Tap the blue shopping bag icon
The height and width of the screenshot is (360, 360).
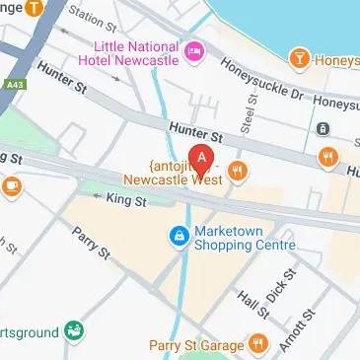[179, 236]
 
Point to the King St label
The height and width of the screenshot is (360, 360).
[126, 200]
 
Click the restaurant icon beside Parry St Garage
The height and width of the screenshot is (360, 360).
[257, 343]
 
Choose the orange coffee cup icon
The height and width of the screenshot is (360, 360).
[12, 183]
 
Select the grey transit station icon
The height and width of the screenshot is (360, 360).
[322, 127]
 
